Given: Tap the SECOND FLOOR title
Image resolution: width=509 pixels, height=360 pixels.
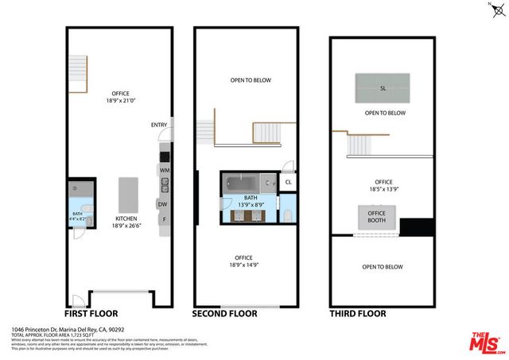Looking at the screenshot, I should pyautogui.click(x=225, y=313).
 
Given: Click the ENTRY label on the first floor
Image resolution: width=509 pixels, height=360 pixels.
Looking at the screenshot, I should pyautogui.click(x=159, y=125).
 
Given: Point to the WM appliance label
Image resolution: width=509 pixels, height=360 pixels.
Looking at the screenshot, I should pyautogui.click(x=165, y=170).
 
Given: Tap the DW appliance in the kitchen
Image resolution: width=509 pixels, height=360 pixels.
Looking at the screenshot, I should pyautogui.click(x=161, y=204).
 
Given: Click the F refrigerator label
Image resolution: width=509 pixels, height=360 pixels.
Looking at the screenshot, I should pyautogui.click(x=164, y=219).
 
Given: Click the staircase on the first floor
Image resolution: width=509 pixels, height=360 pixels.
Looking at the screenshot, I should pyautogui.click(x=77, y=66).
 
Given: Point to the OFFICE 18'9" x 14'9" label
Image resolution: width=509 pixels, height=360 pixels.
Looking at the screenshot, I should pyautogui.click(x=244, y=261).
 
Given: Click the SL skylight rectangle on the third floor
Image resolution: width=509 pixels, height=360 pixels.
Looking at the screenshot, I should pyautogui.click(x=383, y=87).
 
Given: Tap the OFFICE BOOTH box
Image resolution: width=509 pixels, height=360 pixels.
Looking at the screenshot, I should pyautogui.click(x=376, y=217).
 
